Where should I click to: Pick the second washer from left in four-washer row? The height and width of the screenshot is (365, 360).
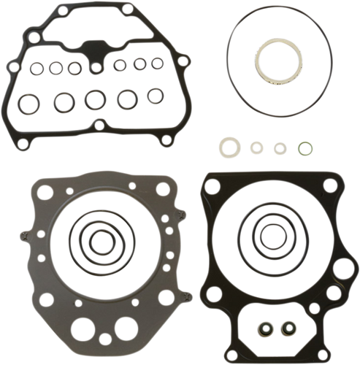click(256, 147)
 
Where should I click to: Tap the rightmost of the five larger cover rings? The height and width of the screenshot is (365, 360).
click(154, 95)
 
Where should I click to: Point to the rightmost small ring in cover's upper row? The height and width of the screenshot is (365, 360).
click(156, 64)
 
